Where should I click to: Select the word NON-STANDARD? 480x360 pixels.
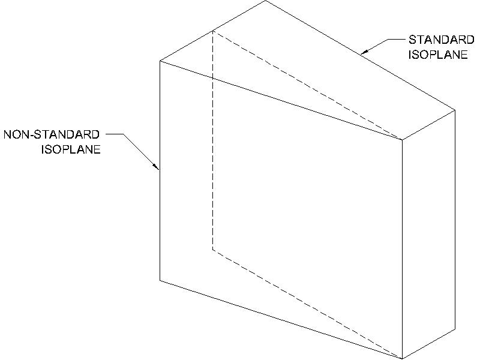click(52, 134)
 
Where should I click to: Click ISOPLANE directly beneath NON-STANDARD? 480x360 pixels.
click(70, 149)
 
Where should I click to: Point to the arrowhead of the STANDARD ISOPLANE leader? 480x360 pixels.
click(361, 55)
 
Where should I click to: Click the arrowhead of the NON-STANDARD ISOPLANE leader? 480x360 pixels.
click(158, 169)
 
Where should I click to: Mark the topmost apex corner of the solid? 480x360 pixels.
click(265, 1)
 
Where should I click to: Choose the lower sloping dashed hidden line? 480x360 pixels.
click(306, 303)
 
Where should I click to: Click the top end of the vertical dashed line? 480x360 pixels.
click(213, 31)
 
